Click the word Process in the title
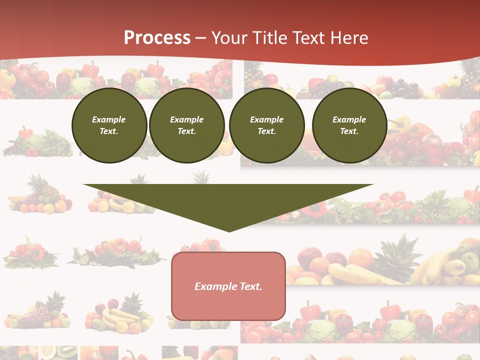(157, 38)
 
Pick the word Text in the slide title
(308, 38)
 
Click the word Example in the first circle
(109, 119)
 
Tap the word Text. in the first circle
(109, 131)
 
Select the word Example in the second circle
(186, 119)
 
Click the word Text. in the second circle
(186, 131)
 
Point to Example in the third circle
(266, 119)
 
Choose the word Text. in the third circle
(266, 131)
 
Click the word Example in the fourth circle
(349, 119)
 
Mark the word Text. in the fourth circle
(349, 131)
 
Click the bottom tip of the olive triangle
(228, 231)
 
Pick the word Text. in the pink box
(251, 286)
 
